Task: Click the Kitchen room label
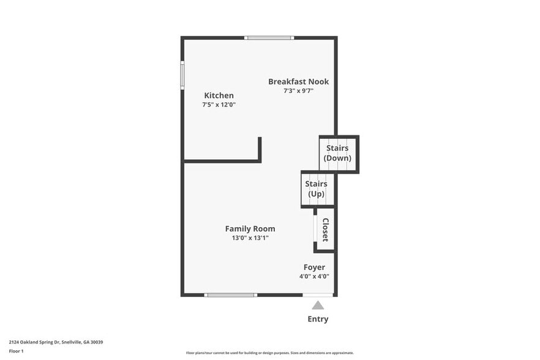coord(219,96)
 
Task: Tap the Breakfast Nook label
coord(298,81)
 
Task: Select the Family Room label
coord(250,229)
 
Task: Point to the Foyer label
coord(314,268)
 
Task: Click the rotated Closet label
coord(325,230)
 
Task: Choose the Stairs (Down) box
coord(337,153)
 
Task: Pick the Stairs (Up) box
coord(316,189)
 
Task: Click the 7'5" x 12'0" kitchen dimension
coord(219,105)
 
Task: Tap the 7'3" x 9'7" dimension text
coord(298,91)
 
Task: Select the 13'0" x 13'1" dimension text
coord(250,238)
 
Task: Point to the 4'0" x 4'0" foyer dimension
coord(314,276)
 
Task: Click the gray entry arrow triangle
coord(318,305)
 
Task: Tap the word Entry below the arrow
coord(318,319)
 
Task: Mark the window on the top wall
coord(269,38)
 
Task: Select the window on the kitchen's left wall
coord(182,75)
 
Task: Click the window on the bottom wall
coord(230,295)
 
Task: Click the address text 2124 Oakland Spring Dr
coord(56,342)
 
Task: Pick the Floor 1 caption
coord(16,351)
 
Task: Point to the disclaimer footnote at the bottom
coord(269,353)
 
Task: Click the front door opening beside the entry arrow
coord(318,295)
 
